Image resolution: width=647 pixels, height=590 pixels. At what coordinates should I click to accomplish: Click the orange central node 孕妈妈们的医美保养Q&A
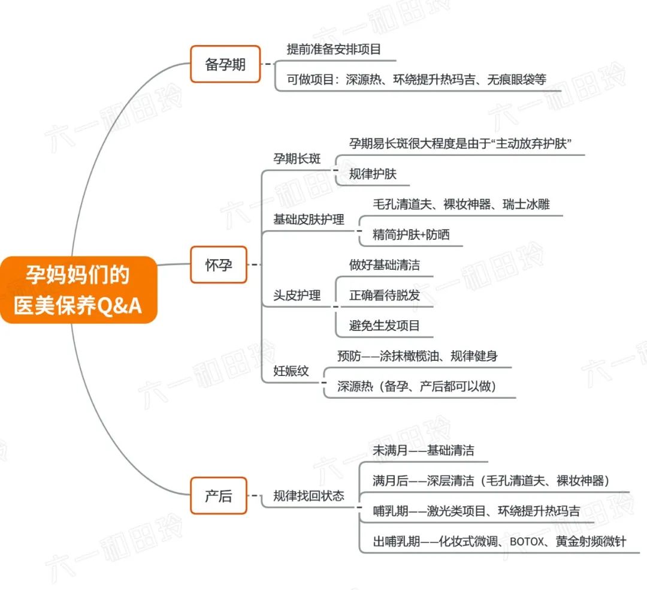click(x=78, y=290)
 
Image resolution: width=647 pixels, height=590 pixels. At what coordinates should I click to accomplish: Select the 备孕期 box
click(x=225, y=64)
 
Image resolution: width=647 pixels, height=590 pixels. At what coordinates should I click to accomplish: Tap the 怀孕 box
click(x=218, y=264)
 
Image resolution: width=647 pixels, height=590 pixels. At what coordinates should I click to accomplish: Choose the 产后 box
click(x=218, y=496)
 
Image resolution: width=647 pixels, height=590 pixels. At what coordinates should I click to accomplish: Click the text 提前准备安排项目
click(x=334, y=49)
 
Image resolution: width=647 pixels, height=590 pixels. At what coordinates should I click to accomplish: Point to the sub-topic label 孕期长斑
click(x=297, y=159)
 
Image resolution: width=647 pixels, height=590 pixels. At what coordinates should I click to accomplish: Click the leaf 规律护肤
click(x=373, y=174)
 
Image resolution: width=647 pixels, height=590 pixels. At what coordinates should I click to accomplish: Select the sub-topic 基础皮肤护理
click(x=309, y=219)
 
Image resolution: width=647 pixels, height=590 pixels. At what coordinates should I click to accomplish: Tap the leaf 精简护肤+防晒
click(x=410, y=235)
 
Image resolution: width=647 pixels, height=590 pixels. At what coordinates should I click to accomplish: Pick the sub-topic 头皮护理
click(x=297, y=295)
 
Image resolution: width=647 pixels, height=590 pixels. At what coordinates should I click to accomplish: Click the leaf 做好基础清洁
click(x=385, y=264)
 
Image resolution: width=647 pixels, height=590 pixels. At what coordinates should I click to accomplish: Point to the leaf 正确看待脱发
click(x=385, y=295)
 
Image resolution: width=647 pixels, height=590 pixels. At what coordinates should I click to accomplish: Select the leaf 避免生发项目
click(x=385, y=326)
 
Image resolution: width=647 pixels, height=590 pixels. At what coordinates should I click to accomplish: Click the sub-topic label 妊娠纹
click(x=291, y=371)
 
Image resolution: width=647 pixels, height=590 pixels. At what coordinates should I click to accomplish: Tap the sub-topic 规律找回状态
click(x=309, y=496)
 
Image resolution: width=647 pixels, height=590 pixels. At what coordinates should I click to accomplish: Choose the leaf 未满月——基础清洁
click(x=424, y=450)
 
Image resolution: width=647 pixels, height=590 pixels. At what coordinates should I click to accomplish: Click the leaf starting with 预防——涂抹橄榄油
click(x=417, y=356)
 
